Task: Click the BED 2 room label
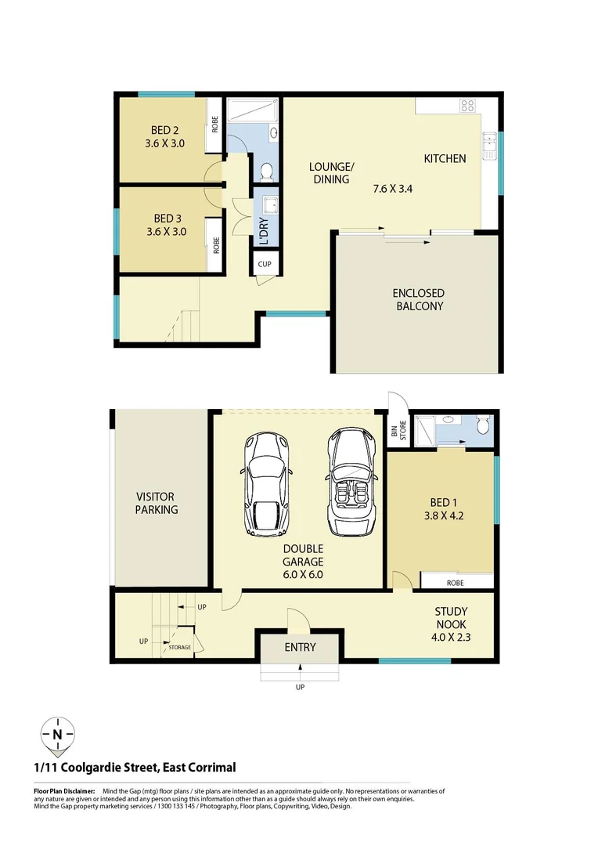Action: pyautogui.click(x=164, y=131)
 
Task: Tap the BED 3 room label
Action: pyautogui.click(x=164, y=219)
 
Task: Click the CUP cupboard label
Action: pyautogui.click(x=265, y=264)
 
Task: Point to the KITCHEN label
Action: pyautogui.click(x=445, y=159)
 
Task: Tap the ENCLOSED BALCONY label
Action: pyautogui.click(x=418, y=299)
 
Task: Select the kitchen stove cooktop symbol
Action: pyautogui.click(x=468, y=105)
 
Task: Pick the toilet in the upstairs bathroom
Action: pyautogui.click(x=265, y=170)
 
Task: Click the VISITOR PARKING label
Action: pyautogui.click(x=156, y=503)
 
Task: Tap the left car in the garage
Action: pyautogui.click(x=268, y=483)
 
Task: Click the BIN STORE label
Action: pyautogui.click(x=398, y=432)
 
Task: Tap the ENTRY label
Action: pyautogui.click(x=300, y=647)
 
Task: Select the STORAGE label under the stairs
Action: pyautogui.click(x=180, y=647)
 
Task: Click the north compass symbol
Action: pyautogui.click(x=57, y=734)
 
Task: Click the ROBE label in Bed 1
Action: pyautogui.click(x=455, y=583)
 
